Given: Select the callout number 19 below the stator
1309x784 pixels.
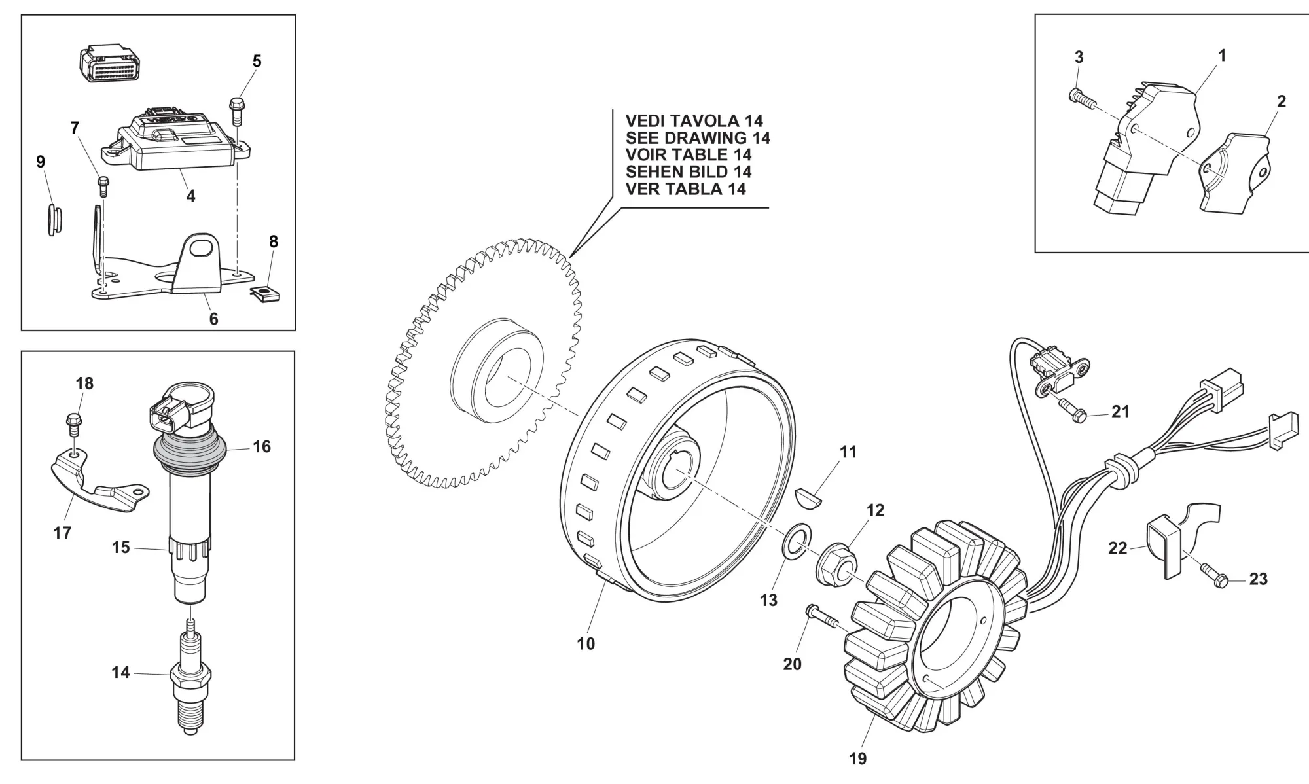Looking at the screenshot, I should (x=857, y=759).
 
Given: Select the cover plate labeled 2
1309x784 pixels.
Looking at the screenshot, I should (x=1235, y=173).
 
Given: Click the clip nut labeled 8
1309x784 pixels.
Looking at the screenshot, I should (x=266, y=293).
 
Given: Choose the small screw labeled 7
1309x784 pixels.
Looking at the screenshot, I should (x=102, y=186).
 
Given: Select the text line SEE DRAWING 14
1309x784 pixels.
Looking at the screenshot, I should (x=698, y=138).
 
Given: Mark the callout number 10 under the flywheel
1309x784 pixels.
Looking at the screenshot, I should (x=586, y=644).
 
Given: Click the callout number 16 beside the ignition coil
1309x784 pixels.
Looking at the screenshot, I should (x=262, y=447).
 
